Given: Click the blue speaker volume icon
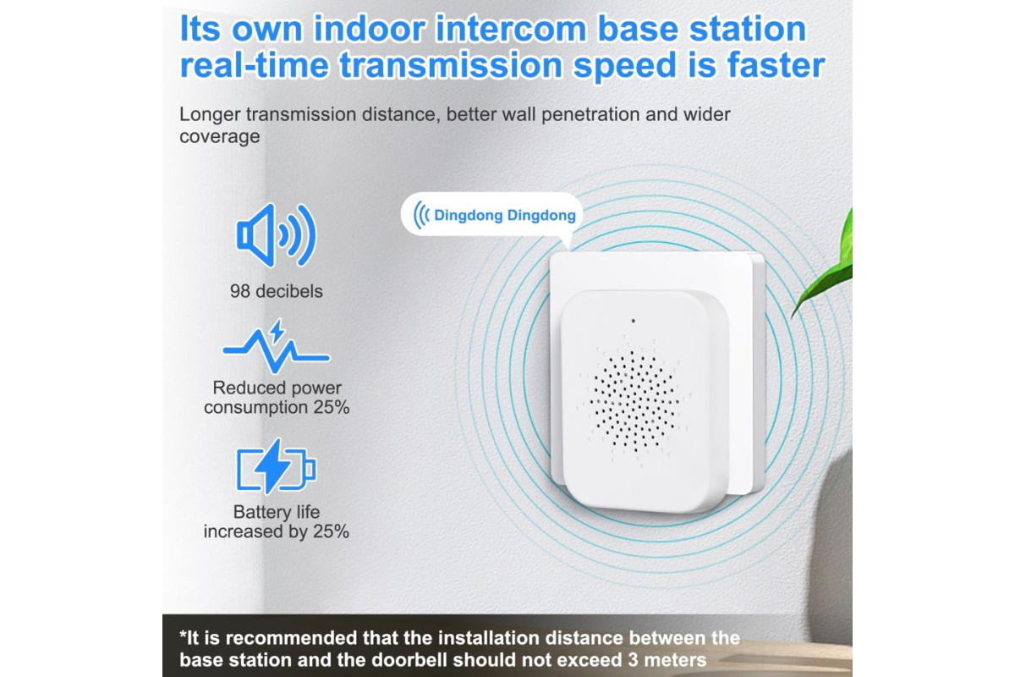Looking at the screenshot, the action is click(276, 235).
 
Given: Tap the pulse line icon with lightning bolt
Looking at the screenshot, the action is click(276, 346).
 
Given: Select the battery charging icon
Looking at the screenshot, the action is click(276, 466).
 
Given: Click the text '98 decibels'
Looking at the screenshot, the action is click(277, 291).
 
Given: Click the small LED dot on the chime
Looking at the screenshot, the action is click(633, 321).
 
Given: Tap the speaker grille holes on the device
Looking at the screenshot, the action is click(634, 402).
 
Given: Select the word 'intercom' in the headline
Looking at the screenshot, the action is click(511, 29).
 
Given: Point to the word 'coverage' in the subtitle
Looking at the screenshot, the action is click(220, 136).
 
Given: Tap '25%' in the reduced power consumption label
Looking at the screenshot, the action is click(332, 407).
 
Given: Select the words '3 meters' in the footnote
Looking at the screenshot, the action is click(667, 660).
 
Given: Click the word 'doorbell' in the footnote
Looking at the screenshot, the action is click(410, 660).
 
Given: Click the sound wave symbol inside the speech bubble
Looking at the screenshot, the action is click(421, 215).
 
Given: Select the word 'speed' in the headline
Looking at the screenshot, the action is click(625, 66).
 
